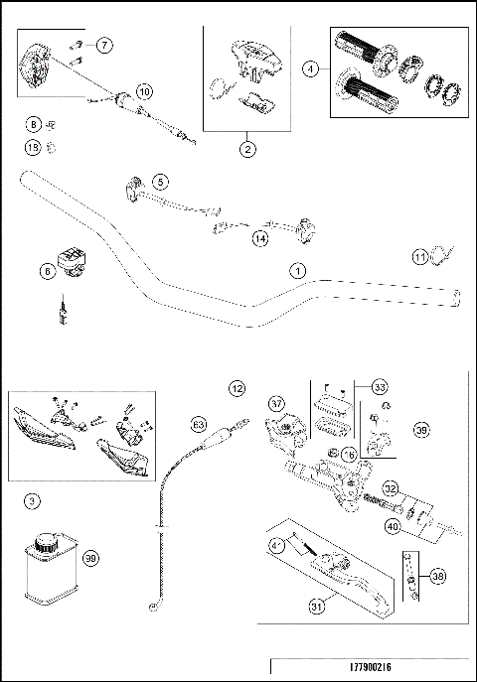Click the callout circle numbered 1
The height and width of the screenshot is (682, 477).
295,270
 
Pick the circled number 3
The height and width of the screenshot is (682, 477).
34,502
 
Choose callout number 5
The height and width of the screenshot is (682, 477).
160,182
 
